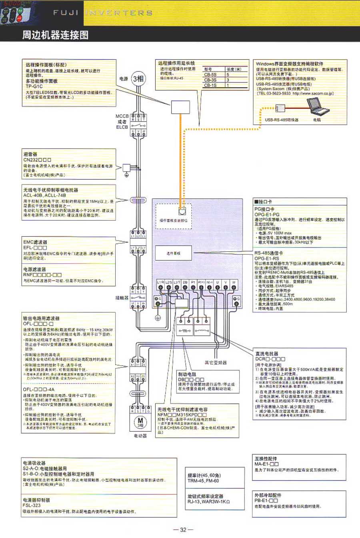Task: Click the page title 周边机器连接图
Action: click(55, 35)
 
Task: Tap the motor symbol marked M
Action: click(140, 422)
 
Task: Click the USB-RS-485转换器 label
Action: click(282, 120)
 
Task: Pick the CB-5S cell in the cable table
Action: click(210, 74)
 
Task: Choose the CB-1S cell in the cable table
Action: click(210, 85)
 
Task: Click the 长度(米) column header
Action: click(234, 69)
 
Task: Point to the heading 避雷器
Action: click(30, 154)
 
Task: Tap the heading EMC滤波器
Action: click(35, 242)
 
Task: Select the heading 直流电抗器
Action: click(267, 354)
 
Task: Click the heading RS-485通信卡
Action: click(269, 253)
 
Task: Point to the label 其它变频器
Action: click(216, 363)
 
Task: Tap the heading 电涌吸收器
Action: click(34, 463)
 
